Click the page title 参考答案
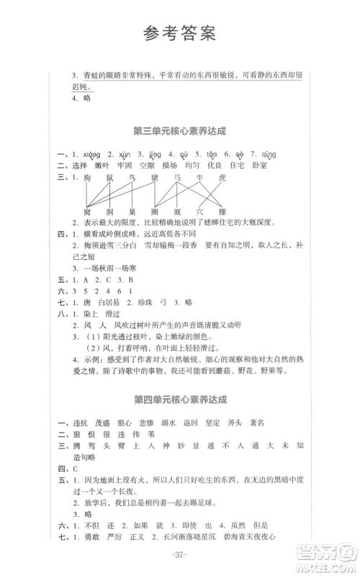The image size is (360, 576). [179, 33]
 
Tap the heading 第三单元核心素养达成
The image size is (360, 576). [179, 132]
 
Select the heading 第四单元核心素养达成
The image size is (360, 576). [179, 397]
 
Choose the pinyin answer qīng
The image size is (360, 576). [270, 154]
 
